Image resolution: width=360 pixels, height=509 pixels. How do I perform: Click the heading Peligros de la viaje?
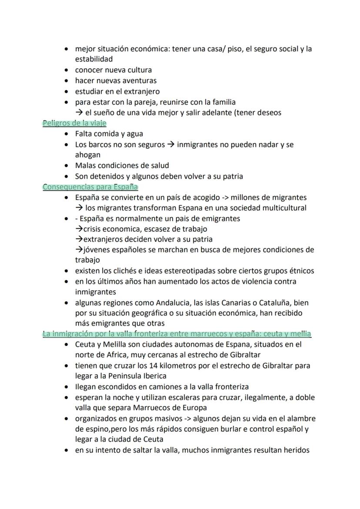point(74,123)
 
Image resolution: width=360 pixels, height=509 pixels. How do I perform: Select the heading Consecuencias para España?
point(90,187)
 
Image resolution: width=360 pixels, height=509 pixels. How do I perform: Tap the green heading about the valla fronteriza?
point(177,334)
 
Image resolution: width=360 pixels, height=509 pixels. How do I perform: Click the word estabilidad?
point(93,59)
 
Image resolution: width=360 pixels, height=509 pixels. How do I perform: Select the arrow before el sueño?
point(79,113)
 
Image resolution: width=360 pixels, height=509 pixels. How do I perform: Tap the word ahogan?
point(87,155)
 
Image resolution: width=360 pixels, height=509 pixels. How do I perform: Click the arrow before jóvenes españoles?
point(79,250)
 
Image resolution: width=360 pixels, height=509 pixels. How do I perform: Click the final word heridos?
point(296,450)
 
